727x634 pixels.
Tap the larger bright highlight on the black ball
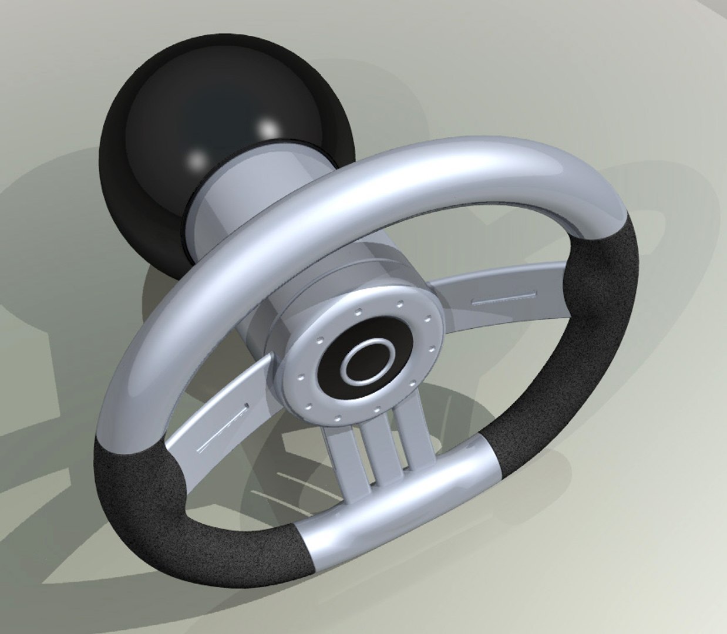(x=268, y=127)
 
